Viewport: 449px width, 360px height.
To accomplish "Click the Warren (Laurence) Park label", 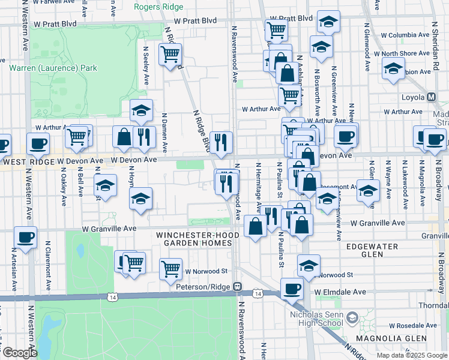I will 53,68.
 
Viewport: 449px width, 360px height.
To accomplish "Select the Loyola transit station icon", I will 432,97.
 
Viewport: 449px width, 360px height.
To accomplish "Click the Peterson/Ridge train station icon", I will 238,287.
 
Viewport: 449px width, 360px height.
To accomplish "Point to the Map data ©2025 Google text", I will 411,355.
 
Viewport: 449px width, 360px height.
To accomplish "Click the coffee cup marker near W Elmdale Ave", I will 292,289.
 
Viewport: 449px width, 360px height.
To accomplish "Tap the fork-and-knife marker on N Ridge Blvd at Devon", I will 221,142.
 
